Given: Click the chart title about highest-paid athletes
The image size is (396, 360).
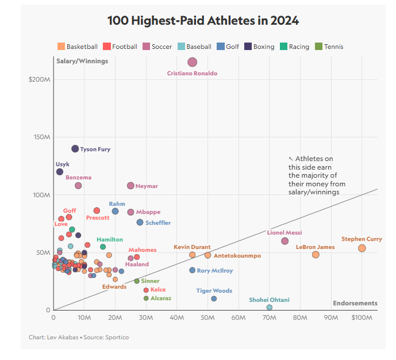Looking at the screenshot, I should [x=203, y=21].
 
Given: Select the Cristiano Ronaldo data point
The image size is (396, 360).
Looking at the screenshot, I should [x=193, y=62].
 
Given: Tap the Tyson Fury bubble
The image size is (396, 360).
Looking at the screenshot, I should [x=75, y=149].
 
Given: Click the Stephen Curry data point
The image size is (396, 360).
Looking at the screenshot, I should [x=362, y=248].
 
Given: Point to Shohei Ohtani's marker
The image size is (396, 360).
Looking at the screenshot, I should [x=270, y=308].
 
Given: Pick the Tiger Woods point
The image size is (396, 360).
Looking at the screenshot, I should [x=214, y=298].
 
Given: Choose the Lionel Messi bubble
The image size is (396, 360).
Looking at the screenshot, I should [x=285, y=241].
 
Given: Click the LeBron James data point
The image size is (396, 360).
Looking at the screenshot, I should [x=316, y=255].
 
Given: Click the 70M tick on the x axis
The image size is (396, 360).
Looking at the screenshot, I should [x=269, y=317].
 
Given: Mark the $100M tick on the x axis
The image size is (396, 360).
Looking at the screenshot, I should [x=362, y=317].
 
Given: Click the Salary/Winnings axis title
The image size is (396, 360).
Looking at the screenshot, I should [x=82, y=61].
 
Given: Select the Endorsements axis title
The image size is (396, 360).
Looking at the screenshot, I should [x=355, y=303].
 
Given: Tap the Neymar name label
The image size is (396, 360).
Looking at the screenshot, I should [x=147, y=186].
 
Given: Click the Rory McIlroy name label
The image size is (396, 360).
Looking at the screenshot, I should [x=215, y=271].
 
